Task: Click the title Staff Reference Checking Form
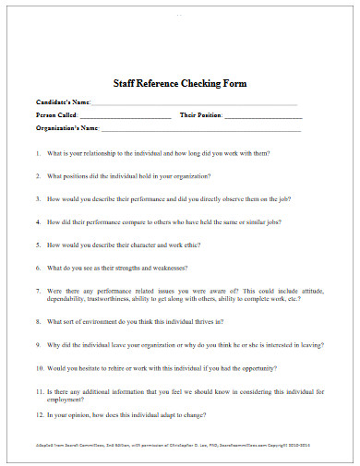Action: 180,84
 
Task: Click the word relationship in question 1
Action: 102,152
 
